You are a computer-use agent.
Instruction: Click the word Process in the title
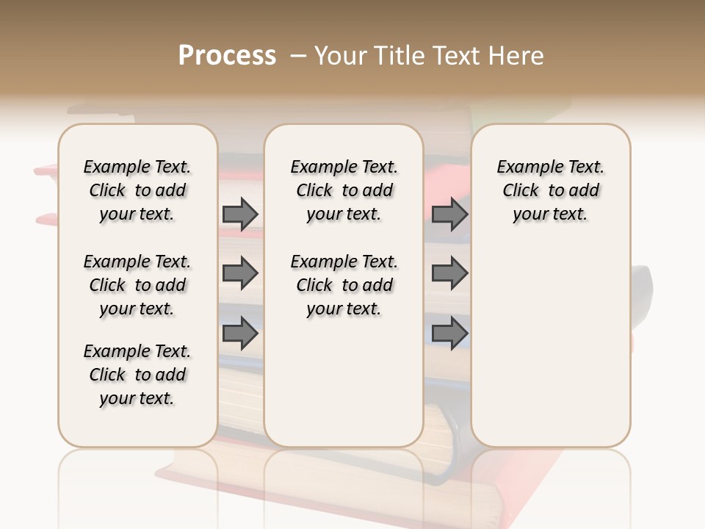pos(227,56)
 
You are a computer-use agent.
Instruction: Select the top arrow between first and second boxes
pos(240,214)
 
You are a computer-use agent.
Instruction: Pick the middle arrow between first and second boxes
pos(240,273)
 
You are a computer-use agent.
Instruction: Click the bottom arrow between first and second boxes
pos(240,334)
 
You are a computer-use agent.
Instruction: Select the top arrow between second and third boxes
pos(449,214)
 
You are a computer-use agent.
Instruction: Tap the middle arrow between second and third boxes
pos(449,273)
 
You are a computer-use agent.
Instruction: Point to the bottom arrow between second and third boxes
pos(449,334)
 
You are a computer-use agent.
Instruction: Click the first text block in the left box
pos(137,190)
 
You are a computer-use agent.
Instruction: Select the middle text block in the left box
pos(137,285)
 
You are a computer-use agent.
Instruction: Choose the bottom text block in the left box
pos(137,375)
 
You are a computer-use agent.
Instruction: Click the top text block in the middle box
pos(344,190)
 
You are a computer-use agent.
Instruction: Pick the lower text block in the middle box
pos(344,285)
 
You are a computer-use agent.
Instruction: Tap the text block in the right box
pos(550,190)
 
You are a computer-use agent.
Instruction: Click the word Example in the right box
pos(524,168)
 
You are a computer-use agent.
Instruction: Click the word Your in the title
pos(339,56)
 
